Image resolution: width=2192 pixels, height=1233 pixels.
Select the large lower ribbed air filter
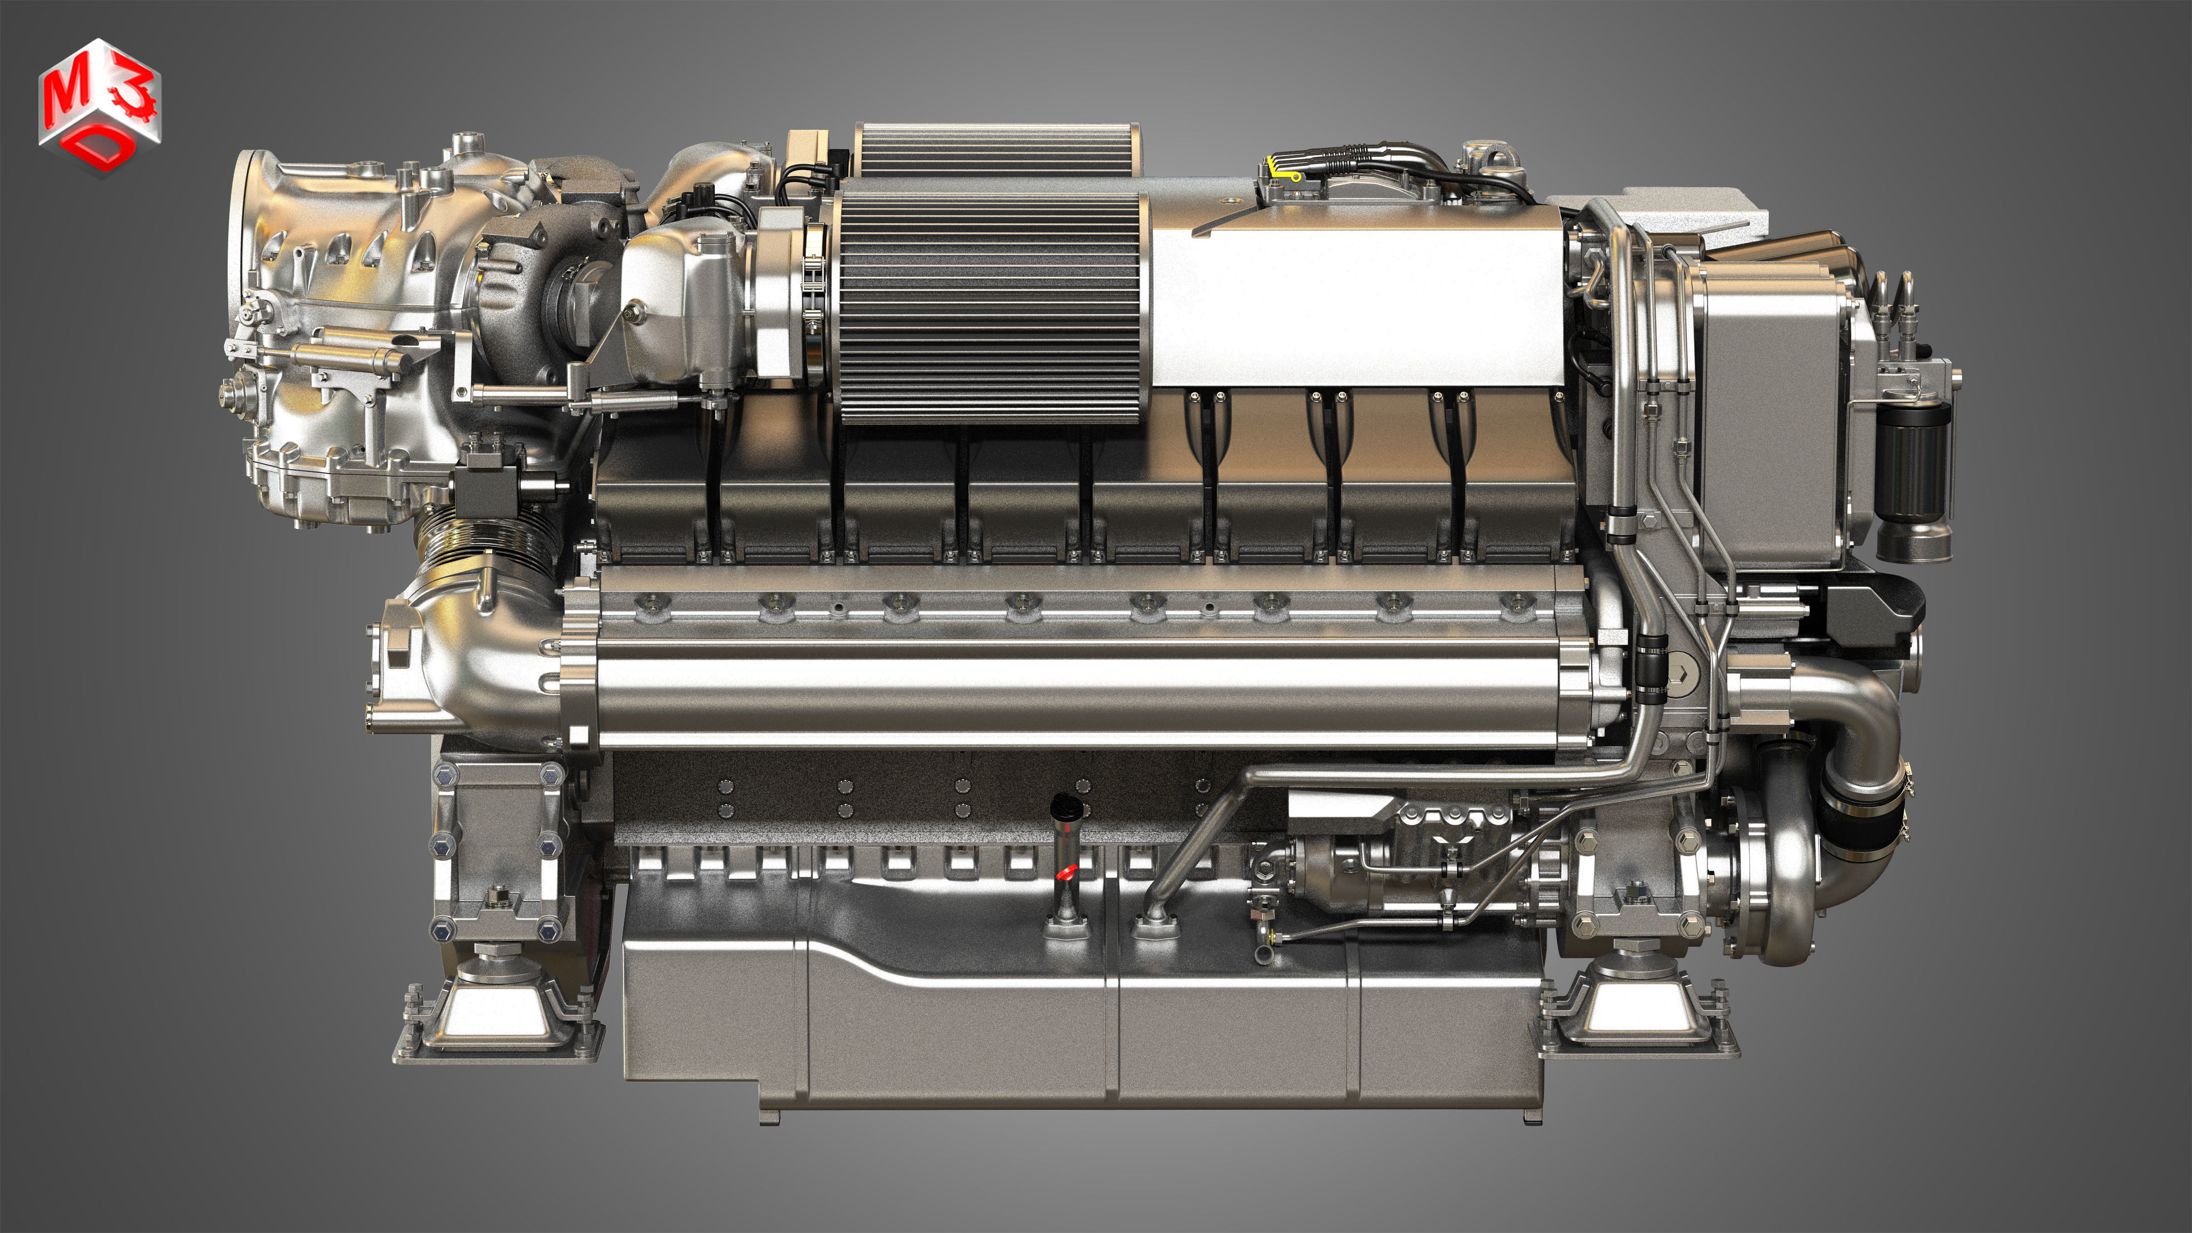pyautogui.click(x=990, y=306)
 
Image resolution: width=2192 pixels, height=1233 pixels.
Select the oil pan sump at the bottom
pyautogui.click(x=1081, y=1029)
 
